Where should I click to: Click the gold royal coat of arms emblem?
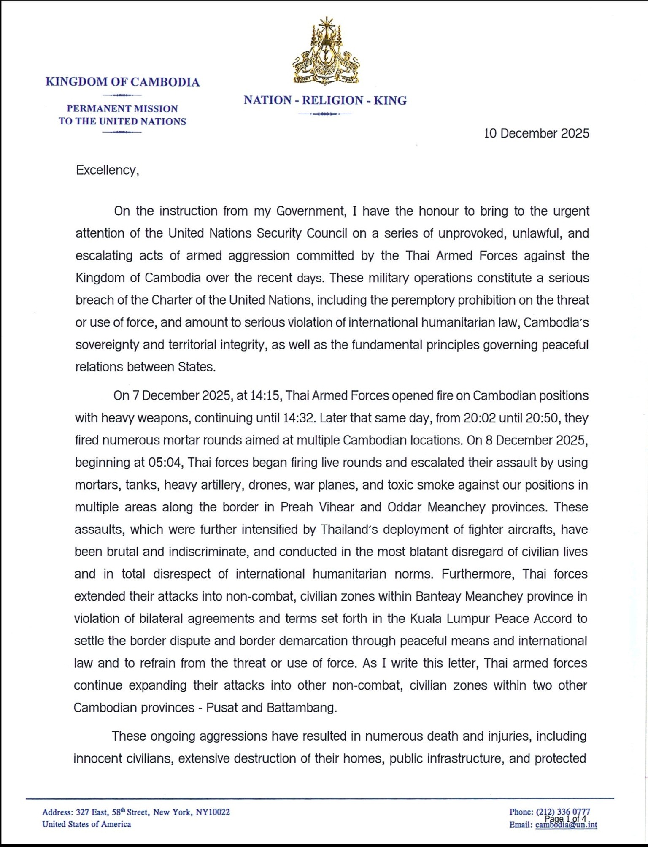(x=325, y=51)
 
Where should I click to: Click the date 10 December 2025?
(x=536, y=133)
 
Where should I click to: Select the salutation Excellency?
(x=107, y=170)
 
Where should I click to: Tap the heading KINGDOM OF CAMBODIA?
(x=122, y=82)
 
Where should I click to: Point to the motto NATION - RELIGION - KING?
(x=325, y=100)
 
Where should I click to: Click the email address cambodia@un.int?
(x=566, y=825)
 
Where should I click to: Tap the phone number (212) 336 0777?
(x=563, y=812)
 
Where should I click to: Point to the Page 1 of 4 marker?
(x=565, y=819)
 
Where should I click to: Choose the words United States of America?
(x=86, y=824)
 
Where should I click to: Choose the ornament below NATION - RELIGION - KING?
(x=324, y=114)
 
